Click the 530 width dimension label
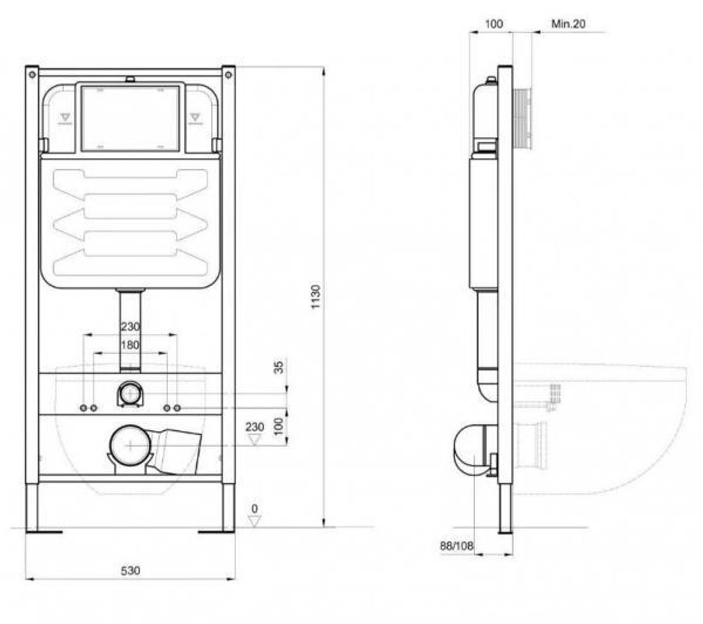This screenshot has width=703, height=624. click(129, 571)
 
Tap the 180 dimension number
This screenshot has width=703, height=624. click(130, 345)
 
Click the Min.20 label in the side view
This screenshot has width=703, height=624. click(568, 23)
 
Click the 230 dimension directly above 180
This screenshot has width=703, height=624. click(130, 327)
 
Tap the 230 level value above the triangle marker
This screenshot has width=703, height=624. click(254, 427)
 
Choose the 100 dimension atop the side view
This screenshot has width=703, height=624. click(494, 23)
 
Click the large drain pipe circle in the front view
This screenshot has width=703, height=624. click(130, 445)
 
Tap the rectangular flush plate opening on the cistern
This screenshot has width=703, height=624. click(131, 117)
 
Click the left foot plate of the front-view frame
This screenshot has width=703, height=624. click(44, 531)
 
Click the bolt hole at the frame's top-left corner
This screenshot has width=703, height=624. click(32, 72)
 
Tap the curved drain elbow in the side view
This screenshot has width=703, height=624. click(467, 448)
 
